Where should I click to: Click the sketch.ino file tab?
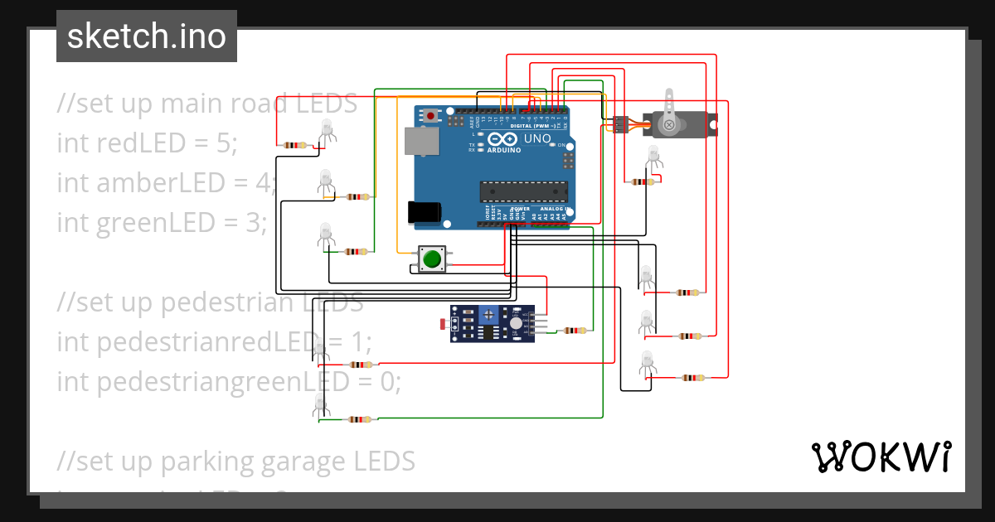tap(147, 36)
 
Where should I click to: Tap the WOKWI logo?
tap(881, 457)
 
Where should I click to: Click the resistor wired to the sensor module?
tap(574, 331)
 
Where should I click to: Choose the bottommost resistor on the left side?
tap(359, 419)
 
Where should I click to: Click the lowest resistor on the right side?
tap(692, 378)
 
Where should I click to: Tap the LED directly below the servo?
tap(653, 156)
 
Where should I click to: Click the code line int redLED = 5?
tap(147, 143)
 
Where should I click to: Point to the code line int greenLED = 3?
tap(162, 222)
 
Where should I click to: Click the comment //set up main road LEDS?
tap(207, 104)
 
